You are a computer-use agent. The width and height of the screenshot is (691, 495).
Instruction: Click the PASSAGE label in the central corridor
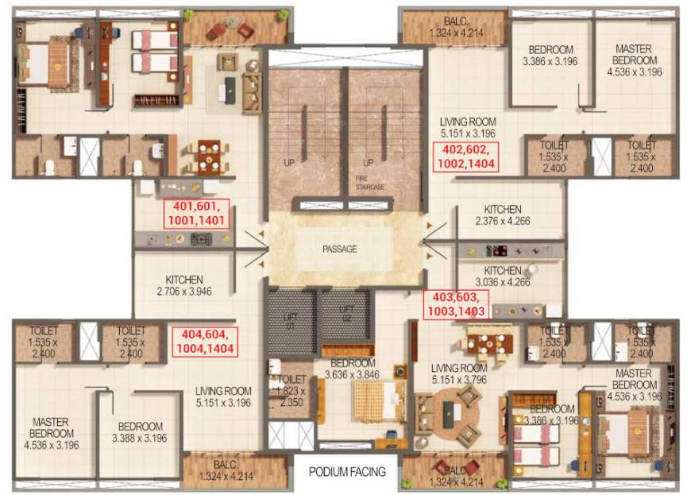pyautogui.click(x=339, y=249)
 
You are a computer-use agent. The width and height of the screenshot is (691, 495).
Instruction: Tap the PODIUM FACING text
pyautogui.click(x=347, y=472)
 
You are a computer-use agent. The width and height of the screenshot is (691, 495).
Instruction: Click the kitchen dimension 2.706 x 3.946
pyautogui.click(x=184, y=292)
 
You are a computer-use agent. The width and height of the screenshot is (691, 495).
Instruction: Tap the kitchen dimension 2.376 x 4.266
pyautogui.click(x=502, y=222)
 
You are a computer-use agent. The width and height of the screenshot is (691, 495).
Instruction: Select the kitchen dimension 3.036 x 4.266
pyautogui.click(x=502, y=283)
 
